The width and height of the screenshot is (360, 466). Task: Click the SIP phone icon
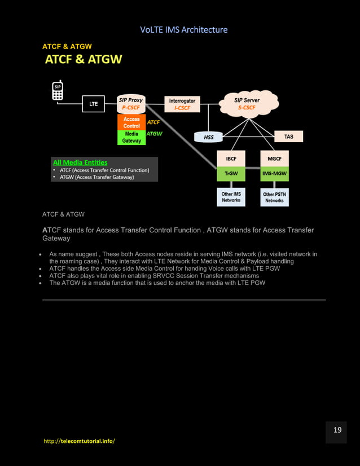point(58,91)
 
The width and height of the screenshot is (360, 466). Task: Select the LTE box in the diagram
point(94,104)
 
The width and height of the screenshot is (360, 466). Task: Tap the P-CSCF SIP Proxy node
point(131,104)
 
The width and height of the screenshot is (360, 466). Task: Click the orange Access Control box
point(131,122)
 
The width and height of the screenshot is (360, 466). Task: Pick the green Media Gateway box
point(131,138)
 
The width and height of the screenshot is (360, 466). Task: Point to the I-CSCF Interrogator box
point(182,104)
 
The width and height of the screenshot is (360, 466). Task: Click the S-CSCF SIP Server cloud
point(247,103)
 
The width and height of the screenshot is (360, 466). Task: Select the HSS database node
point(209,137)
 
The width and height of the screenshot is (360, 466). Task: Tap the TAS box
point(288,137)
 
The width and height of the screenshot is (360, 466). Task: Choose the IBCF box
point(231,159)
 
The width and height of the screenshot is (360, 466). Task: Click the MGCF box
point(275,159)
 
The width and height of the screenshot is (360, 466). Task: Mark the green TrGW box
point(231,174)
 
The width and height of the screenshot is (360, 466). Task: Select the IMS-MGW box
point(275,174)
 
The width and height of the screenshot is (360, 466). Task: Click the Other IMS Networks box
point(231,197)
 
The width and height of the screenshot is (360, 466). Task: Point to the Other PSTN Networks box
point(275,197)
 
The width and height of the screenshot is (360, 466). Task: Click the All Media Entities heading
point(80,162)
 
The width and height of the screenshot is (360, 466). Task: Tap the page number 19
point(337,430)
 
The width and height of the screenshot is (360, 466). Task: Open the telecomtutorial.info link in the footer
point(79,441)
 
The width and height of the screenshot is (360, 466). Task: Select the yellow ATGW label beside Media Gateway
point(154,134)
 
